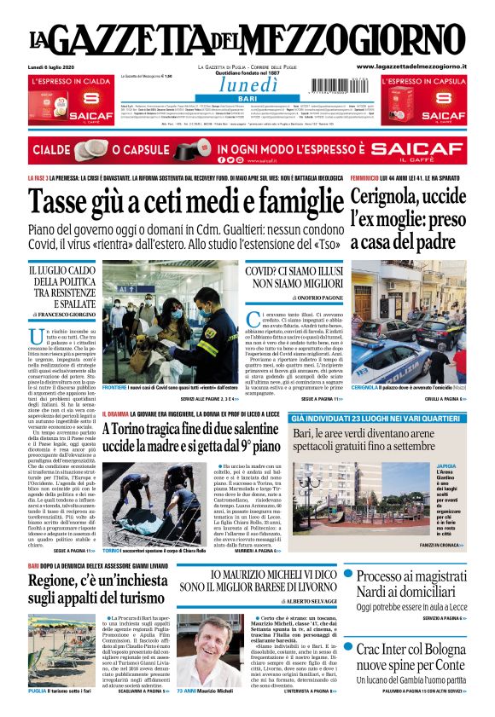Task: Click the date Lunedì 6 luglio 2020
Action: click(x=52, y=66)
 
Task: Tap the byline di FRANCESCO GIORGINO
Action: click(x=61, y=315)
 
